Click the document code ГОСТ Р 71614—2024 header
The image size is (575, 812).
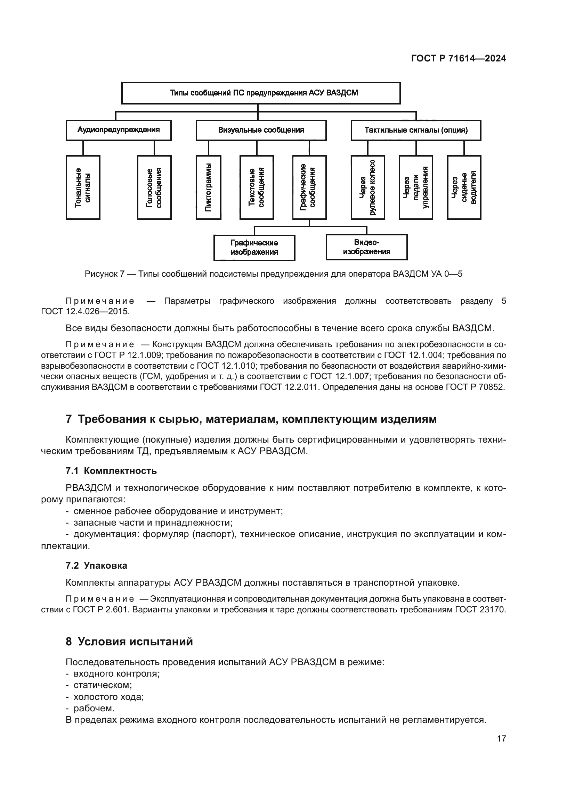point(458,59)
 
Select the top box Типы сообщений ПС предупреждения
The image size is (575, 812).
point(261,93)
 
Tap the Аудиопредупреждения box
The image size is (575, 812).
point(119,130)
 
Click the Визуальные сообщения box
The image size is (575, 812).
point(261,130)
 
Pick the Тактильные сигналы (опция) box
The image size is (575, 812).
point(416,130)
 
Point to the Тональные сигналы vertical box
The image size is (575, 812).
point(83,187)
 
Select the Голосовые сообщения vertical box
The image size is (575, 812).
point(154,187)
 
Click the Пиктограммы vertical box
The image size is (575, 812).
point(209,187)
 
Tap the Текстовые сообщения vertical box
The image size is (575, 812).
point(257,187)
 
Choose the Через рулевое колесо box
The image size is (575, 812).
point(368,187)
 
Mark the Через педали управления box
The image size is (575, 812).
point(416,187)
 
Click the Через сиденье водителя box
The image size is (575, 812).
point(464,187)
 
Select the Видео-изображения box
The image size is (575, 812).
point(366,247)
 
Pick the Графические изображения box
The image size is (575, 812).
point(254,248)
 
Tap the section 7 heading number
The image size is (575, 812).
point(69,419)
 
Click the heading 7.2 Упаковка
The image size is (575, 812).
point(96,566)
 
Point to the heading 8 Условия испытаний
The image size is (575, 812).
point(129,642)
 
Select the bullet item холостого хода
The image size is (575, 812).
point(108,697)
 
